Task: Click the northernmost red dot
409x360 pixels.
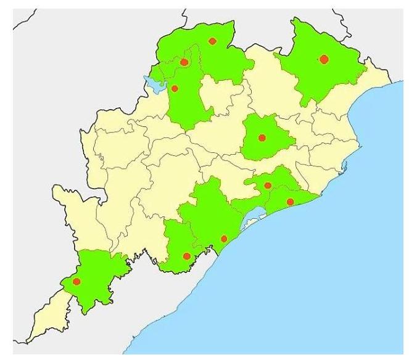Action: point(212,41)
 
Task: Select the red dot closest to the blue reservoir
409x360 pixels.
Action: point(175,88)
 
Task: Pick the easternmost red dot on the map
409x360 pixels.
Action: point(324,59)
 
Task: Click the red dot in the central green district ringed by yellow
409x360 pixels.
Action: point(262,137)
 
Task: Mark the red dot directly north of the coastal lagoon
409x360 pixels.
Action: point(268,185)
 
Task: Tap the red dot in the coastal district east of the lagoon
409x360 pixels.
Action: point(290,202)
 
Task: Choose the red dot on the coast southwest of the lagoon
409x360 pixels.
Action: point(224,239)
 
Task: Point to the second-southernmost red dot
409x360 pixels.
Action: point(186,256)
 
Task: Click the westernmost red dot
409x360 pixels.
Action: point(76,282)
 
